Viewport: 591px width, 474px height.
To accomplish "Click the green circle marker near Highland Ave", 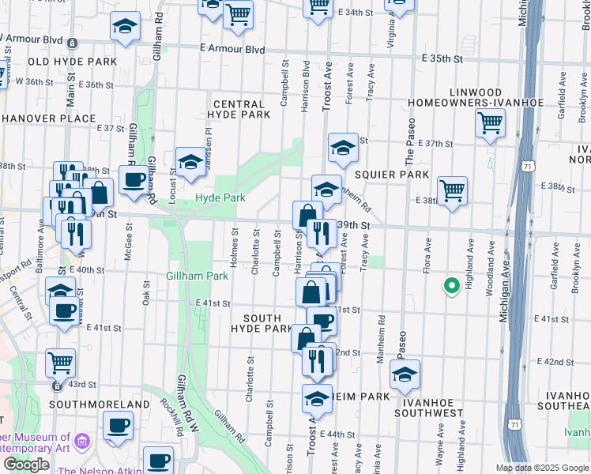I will (451, 286).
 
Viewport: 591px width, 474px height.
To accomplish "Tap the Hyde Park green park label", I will (218, 197).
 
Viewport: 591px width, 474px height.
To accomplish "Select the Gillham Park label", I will (197, 276).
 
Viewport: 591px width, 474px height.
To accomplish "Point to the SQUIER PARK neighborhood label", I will (392, 174).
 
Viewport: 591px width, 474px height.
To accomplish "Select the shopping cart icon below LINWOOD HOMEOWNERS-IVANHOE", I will (491, 122).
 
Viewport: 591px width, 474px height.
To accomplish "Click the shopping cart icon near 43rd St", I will (61, 363).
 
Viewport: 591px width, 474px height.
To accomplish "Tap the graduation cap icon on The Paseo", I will (405, 374).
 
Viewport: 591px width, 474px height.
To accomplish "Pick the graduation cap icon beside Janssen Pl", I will (190, 161).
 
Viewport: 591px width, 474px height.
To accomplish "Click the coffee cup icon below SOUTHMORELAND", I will (119, 426).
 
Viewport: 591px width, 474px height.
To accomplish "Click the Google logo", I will (27, 465).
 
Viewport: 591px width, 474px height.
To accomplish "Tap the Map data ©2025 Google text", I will (542, 468).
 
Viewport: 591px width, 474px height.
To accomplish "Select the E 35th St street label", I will (442, 58).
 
